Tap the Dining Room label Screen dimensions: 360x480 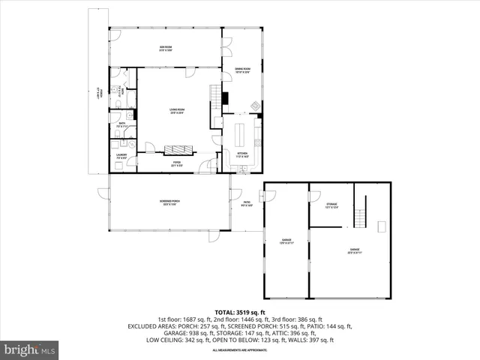[242, 69]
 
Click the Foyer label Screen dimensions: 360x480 [177, 163]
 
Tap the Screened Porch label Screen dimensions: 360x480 [169, 202]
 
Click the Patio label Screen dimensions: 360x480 [246, 202]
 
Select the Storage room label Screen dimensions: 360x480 [331, 205]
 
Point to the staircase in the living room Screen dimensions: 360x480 [217, 96]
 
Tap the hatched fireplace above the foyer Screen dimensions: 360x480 [178, 148]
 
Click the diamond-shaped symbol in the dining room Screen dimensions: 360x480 [254, 106]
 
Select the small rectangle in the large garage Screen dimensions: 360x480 [381, 226]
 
